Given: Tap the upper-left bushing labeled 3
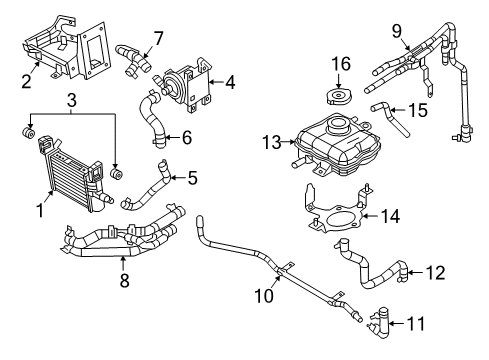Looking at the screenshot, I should coord(30,133).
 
